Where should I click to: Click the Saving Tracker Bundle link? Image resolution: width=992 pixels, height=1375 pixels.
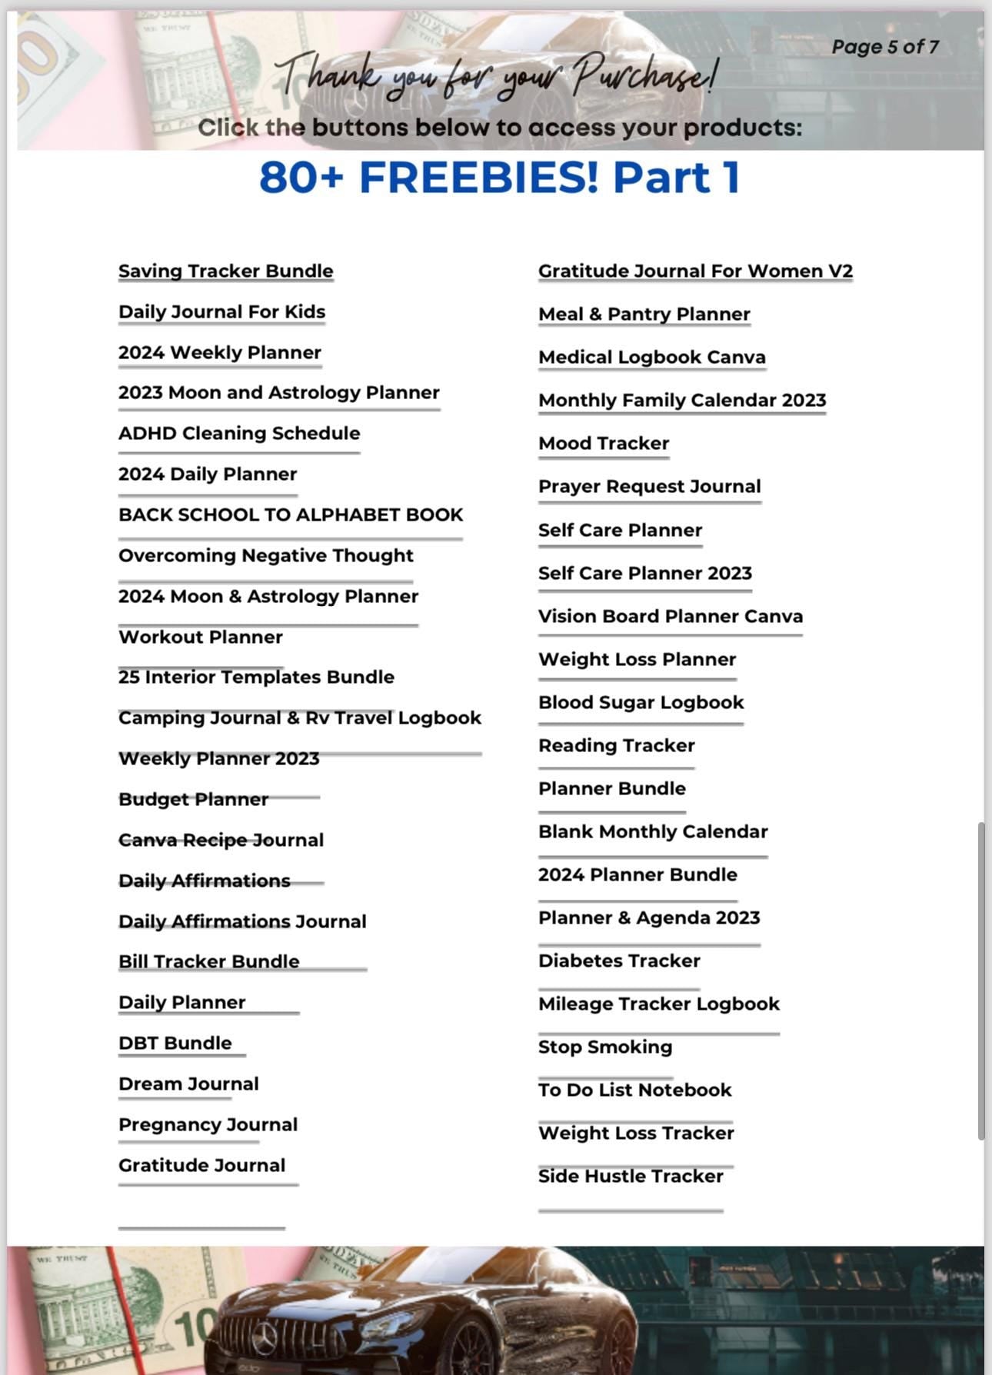pyautogui.click(x=225, y=271)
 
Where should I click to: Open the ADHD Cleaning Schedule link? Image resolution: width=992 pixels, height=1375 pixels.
pyautogui.click(x=238, y=434)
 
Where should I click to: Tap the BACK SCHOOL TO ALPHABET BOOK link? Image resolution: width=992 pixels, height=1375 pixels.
pyautogui.click(x=291, y=515)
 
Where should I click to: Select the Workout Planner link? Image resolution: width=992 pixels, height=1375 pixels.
pyautogui.click(x=200, y=638)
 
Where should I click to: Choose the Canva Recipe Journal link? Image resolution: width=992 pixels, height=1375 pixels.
pyautogui.click(x=221, y=841)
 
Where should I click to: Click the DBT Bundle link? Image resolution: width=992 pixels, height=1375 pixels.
pyautogui.click(x=175, y=1044)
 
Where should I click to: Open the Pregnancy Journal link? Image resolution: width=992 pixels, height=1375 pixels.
pyautogui.click(x=208, y=1125)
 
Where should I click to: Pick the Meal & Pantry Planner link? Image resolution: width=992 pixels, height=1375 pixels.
pyautogui.click(x=644, y=315)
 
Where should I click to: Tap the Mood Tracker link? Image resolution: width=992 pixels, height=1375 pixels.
pyautogui.click(x=603, y=444)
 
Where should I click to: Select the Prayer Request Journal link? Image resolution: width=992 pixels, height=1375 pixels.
pyautogui.click(x=649, y=487)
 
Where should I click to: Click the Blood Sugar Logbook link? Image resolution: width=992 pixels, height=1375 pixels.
pyautogui.click(x=641, y=703)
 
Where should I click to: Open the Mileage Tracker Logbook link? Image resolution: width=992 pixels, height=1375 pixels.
pyautogui.click(x=658, y=1004)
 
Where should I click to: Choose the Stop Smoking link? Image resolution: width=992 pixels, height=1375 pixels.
pyautogui.click(x=604, y=1047)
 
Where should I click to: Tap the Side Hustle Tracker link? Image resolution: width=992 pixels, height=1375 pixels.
pyautogui.click(x=631, y=1177)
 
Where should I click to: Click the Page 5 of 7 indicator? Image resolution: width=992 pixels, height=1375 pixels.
pyautogui.click(x=884, y=47)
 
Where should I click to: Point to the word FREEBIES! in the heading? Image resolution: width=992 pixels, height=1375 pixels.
pyautogui.click(x=478, y=178)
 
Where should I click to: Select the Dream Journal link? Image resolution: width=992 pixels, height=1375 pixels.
pyautogui.click(x=188, y=1084)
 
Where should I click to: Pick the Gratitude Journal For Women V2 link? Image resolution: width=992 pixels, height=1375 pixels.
pyautogui.click(x=695, y=271)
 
